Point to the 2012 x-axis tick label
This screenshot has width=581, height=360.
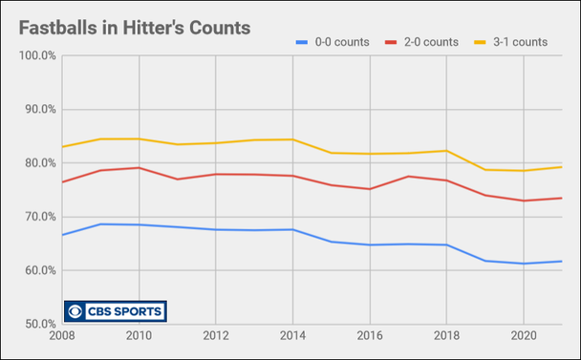click(215, 336)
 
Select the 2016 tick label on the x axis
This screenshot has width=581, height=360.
click(369, 336)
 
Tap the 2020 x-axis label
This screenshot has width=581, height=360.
click(522, 336)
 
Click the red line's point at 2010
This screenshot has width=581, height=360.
click(140, 168)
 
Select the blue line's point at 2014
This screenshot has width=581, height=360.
click(292, 229)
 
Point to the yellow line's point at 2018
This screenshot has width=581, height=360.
click(446, 151)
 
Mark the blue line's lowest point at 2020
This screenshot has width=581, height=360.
click(523, 264)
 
